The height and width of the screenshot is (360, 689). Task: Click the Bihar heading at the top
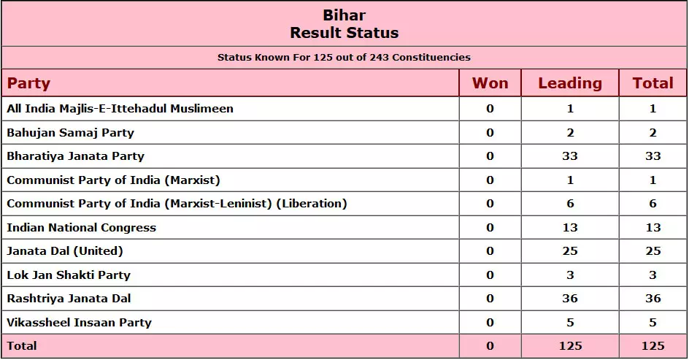pyautogui.click(x=344, y=15)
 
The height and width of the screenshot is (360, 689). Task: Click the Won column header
pyautogui.click(x=490, y=83)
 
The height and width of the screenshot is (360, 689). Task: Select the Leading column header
pyautogui.click(x=570, y=83)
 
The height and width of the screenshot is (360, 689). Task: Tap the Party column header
pyautogui.click(x=28, y=83)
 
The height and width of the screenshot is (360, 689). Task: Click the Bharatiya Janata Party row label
pyautogui.click(x=76, y=156)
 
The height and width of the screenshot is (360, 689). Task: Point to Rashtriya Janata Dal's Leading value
pyautogui.click(x=570, y=299)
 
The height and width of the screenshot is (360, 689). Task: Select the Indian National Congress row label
pyautogui.click(x=81, y=228)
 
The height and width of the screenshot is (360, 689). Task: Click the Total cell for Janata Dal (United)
pyautogui.click(x=653, y=251)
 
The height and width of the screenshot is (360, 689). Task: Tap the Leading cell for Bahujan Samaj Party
pyautogui.click(x=570, y=133)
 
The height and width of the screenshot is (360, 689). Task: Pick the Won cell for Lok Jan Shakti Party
pyautogui.click(x=490, y=275)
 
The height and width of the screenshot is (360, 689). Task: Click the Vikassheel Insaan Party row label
pyautogui.click(x=79, y=323)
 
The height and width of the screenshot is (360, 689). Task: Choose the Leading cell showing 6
pyautogui.click(x=570, y=204)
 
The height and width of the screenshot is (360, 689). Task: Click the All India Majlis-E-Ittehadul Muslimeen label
pyautogui.click(x=120, y=109)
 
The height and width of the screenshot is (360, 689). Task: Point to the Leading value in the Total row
pyautogui.click(x=570, y=346)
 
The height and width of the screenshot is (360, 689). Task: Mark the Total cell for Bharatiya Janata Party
pyautogui.click(x=653, y=156)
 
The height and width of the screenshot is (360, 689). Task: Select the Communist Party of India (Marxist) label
pyautogui.click(x=113, y=180)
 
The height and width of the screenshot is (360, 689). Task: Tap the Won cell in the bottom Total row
pyautogui.click(x=490, y=346)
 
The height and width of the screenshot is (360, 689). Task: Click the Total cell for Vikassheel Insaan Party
pyautogui.click(x=653, y=323)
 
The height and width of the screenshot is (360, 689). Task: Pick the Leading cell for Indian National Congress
pyautogui.click(x=570, y=228)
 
